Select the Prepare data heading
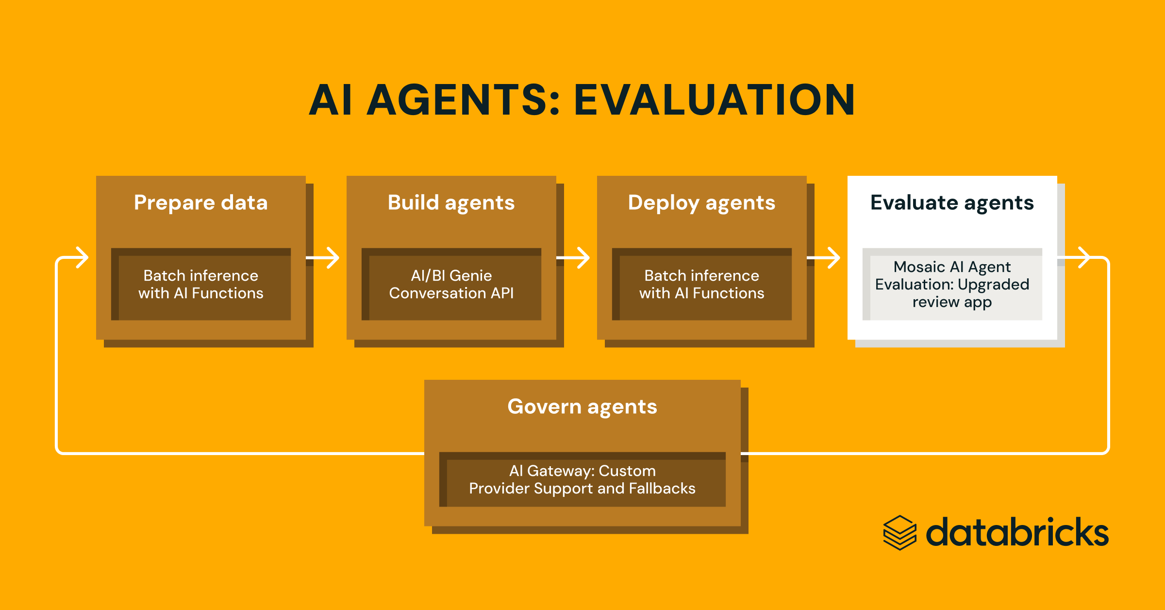coord(200,203)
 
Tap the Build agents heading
coord(451,203)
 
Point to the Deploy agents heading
coord(701,203)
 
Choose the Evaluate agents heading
coord(952,203)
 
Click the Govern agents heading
coord(582,407)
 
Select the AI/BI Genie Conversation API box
coord(451,285)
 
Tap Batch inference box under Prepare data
coord(201,285)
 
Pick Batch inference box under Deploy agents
coord(702,285)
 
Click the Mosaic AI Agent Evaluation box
coord(952,285)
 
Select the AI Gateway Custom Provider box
coord(582,480)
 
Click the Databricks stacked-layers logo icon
coord(899,533)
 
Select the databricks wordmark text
coord(1017,533)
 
